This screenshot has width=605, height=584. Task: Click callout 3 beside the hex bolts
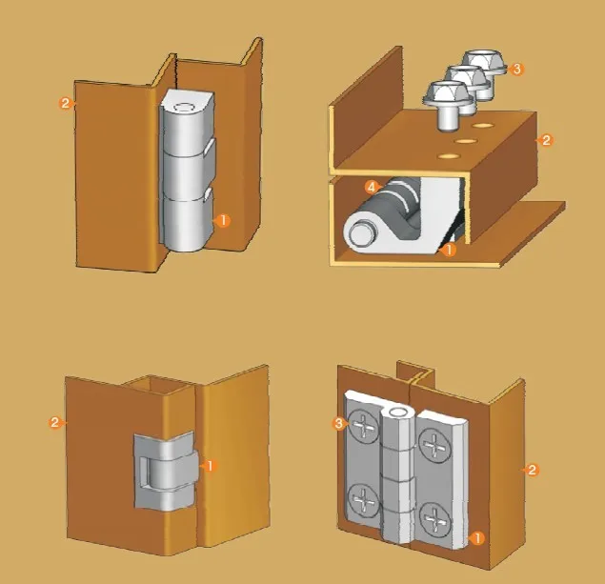(515, 69)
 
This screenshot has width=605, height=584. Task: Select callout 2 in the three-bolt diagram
(545, 140)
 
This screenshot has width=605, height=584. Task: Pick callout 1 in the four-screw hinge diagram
(477, 537)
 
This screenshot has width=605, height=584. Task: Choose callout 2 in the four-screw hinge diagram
(532, 470)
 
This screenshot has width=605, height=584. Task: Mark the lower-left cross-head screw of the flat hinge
(363, 498)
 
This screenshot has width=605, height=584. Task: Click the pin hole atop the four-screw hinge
(397, 412)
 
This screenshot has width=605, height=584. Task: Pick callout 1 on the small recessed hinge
(211, 465)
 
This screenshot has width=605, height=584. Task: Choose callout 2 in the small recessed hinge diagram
(54, 421)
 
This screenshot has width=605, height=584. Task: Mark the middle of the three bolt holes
(467, 140)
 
